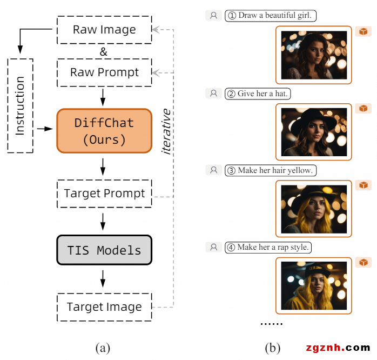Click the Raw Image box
(104, 29)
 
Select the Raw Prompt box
(104, 72)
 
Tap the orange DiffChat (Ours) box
(104, 131)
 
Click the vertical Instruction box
(21, 105)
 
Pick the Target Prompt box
(104, 194)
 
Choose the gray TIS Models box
(104, 250)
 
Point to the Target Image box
(104, 307)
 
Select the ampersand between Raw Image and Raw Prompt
(104, 52)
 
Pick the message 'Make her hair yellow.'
(270, 170)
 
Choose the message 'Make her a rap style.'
(268, 247)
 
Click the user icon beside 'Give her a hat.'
(213, 94)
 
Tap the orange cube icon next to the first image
(363, 32)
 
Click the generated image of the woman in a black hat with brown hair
(314, 132)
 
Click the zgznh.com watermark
(338, 348)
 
